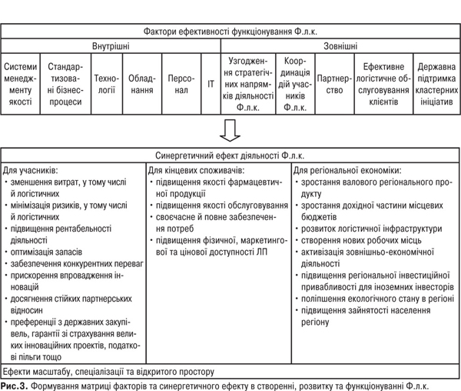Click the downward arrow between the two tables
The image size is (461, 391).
click(230, 131)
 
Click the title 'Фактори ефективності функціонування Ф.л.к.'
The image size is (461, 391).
click(230, 31)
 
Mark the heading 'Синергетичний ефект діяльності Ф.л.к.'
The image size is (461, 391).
click(230, 154)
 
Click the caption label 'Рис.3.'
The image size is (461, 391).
click(15, 384)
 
